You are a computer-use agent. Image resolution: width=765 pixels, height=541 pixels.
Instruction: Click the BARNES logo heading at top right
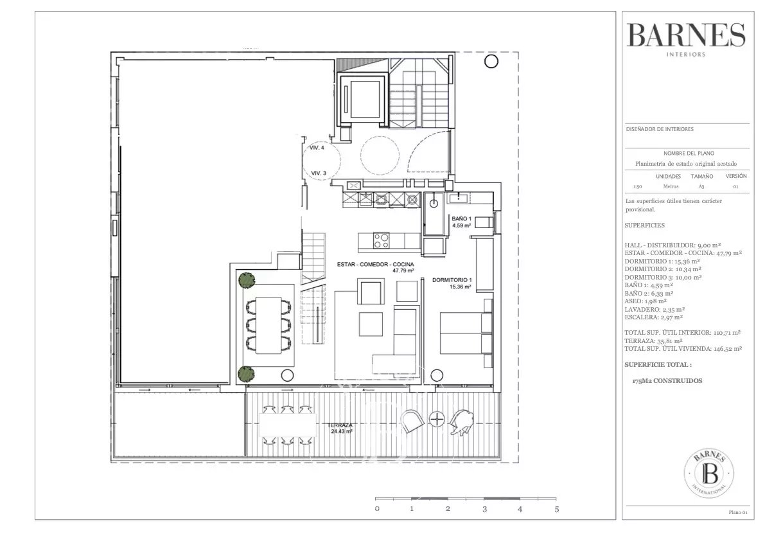pos(686,36)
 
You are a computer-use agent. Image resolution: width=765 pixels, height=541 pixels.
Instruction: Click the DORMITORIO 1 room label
pos(452,283)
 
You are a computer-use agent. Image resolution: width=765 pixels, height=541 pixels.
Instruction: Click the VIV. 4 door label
pos(317,148)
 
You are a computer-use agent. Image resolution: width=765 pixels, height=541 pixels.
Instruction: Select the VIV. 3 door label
pos(319,173)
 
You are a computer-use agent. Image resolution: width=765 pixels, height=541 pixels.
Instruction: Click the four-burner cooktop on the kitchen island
pos(381,240)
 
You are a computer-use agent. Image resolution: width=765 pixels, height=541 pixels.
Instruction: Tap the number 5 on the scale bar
pos(557,510)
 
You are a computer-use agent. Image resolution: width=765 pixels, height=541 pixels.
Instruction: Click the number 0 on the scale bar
pos(377,510)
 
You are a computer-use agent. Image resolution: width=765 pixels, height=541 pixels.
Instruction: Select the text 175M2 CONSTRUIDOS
pos(667,381)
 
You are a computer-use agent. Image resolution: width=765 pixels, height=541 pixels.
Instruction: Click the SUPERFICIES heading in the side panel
pos(644,226)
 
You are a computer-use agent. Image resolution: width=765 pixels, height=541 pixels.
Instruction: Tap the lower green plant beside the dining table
pos(246,373)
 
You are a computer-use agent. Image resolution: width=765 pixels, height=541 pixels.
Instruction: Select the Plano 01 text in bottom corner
pos(737,512)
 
